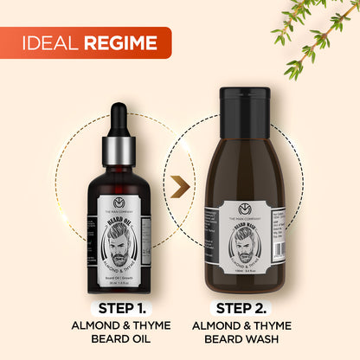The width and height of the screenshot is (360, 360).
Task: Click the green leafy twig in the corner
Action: pyautogui.click(x=317, y=35)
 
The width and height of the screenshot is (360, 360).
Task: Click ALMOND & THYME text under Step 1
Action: pyautogui.click(x=119, y=325)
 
